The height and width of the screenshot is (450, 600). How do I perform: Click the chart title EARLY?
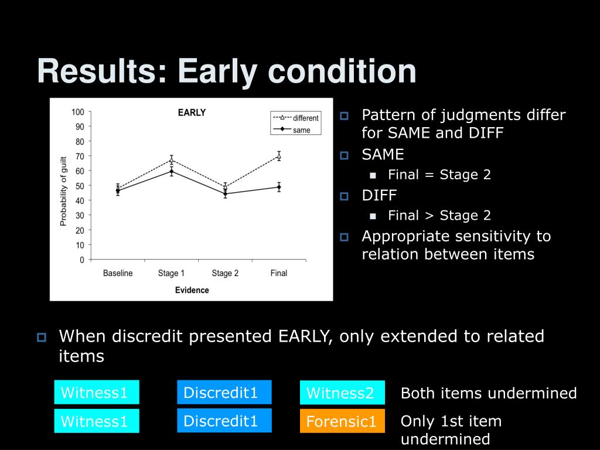pyautogui.click(x=192, y=112)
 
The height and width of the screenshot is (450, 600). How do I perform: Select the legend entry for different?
pyautogui.click(x=295, y=118)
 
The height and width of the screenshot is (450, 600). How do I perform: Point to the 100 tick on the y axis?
pyautogui.click(x=78, y=112)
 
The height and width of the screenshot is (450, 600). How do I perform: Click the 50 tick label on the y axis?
pyautogui.click(x=80, y=186)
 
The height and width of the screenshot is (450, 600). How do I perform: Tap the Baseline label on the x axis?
pyautogui.click(x=118, y=273)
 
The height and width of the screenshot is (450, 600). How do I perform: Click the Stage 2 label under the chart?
pyautogui.click(x=225, y=273)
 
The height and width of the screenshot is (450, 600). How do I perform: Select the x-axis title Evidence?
pyautogui.click(x=192, y=290)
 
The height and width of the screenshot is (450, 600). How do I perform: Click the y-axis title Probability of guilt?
pyautogui.click(x=63, y=191)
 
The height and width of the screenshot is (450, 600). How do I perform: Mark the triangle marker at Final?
pyautogui.click(x=279, y=156)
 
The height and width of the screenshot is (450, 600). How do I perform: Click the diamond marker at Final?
pyautogui.click(x=279, y=187)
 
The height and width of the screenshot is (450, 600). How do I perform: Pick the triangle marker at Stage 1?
pyautogui.click(x=172, y=159)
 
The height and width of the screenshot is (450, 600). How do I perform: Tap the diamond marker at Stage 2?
pyautogui.click(x=226, y=193)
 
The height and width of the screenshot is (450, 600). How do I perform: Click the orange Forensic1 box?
pyautogui.click(x=342, y=421)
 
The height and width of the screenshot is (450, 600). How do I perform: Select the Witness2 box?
pyautogui.click(x=342, y=392)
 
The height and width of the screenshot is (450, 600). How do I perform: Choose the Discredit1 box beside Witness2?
pyautogui.click(x=224, y=392)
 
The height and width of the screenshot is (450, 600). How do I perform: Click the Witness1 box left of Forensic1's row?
pyautogui.click(x=97, y=421)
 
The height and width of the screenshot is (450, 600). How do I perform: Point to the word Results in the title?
pyautogui.click(x=102, y=71)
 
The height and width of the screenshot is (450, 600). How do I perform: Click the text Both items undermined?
pyautogui.click(x=489, y=393)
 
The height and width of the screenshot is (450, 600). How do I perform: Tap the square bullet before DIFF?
pyautogui.click(x=345, y=196)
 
